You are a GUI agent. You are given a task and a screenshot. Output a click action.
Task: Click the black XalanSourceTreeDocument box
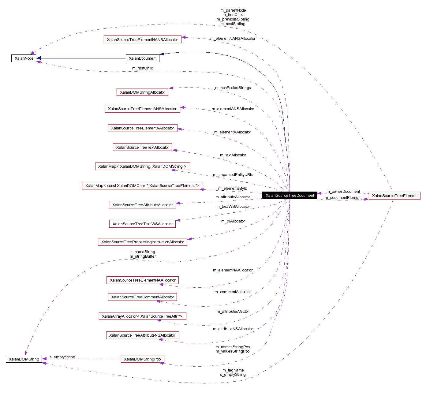coord(290,196)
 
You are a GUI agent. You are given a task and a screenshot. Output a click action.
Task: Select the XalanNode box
coord(24,58)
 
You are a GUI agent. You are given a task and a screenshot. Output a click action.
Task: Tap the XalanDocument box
coord(142,58)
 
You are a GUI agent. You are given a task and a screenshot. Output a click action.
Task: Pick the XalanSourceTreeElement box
coord(394,196)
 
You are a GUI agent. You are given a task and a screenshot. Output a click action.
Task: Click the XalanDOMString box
coord(24,359)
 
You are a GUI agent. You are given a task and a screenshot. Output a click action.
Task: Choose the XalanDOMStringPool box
coord(143,359)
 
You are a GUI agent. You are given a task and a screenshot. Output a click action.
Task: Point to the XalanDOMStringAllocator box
coord(142,92)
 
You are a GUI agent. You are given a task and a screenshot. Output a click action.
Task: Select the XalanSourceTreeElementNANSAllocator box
coord(142,40)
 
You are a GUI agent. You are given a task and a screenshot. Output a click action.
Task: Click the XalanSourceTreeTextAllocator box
coord(142,148)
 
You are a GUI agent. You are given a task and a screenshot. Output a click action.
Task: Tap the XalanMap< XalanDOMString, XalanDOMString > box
coord(142,166)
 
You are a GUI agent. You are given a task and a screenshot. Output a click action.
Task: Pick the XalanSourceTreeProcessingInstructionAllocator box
coord(142,242)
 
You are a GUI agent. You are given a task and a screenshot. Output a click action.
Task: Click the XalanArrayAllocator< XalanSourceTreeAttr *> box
coord(142,316)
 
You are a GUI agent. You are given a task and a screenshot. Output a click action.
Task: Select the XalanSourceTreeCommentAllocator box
coord(142,297)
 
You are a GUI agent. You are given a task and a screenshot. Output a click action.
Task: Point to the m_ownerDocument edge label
coord(343,192)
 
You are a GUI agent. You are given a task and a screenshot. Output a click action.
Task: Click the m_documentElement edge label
coord(343,198)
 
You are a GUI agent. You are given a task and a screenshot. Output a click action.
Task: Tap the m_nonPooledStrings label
coord(233,88)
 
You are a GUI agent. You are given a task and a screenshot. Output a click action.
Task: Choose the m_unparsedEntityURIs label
coord(233,175)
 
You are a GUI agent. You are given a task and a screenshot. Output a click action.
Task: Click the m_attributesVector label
coord(233,312)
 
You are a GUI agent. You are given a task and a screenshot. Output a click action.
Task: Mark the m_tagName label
coord(233,370)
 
